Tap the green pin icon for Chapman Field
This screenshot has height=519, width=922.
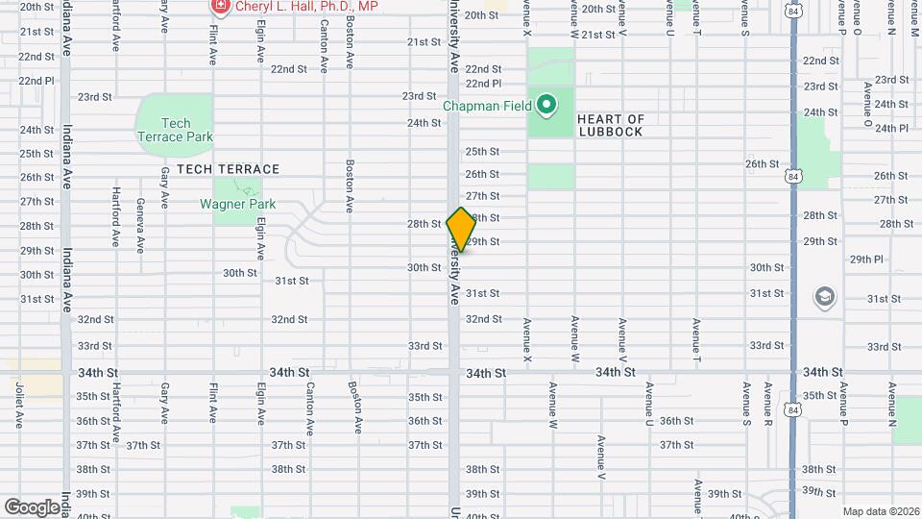click(x=546, y=105)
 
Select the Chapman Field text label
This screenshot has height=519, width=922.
click(x=486, y=106)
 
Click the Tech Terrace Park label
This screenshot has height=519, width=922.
click(x=174, y=130)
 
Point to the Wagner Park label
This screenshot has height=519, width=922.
click(x=237, y=204)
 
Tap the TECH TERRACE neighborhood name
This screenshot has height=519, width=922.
click(x=221, y=169)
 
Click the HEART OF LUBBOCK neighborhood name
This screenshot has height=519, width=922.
click(x=610, y=125)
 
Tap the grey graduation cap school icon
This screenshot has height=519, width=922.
click(x=824, y=297)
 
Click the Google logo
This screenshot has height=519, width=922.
click(x=32, y=507)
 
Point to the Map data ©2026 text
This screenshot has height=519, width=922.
click(x=880, y=511)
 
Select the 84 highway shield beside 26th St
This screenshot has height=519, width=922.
click(x=792, y=177)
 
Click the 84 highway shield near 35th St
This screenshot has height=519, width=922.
click(x=792, y=410)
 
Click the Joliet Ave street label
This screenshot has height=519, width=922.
click(x=19, y=406)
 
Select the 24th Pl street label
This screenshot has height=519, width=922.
click(x=891, y=128)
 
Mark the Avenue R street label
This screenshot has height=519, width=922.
click(x=768, y=405)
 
